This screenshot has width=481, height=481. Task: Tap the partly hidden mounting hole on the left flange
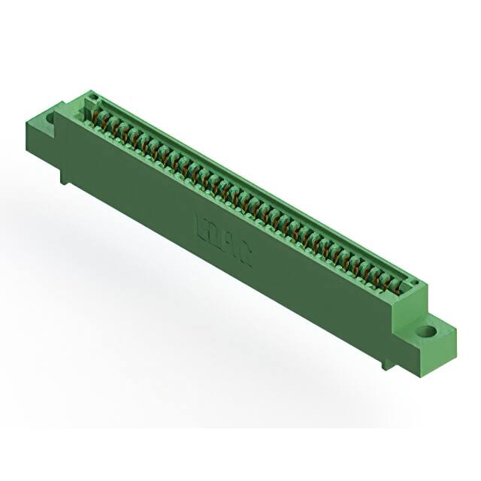[x=52, y=118]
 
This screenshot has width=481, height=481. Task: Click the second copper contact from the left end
[x=106, y=119]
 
